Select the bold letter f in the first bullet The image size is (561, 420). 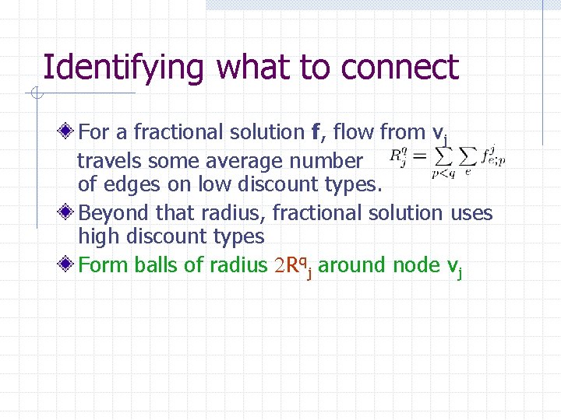coord(316,132)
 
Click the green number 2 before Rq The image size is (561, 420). coord(278,266)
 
